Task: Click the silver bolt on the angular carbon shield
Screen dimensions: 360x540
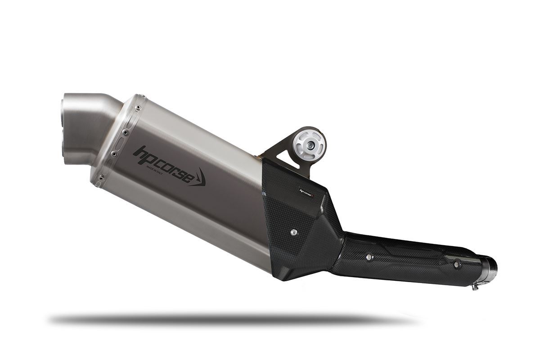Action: point(293,232)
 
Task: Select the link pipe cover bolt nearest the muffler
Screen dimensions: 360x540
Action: point(369,257)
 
